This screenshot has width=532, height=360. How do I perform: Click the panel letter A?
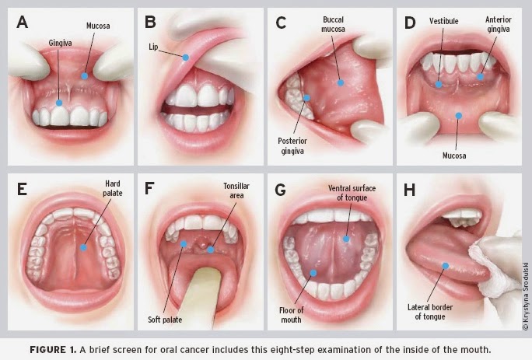(22, 22)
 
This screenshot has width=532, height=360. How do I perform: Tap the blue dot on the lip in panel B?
(185, 58)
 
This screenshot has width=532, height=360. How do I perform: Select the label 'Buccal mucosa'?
(333, 24)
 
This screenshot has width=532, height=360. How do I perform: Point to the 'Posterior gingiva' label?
(292, 146)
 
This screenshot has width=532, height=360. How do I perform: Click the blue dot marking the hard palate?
(83, 248)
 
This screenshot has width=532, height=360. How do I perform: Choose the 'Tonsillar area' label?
(236, 190)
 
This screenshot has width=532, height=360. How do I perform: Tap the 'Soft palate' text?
(165, 320)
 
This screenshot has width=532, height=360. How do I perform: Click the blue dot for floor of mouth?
(313, 273)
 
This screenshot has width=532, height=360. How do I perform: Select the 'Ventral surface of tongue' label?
(352, 193)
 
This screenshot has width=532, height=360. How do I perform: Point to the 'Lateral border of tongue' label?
(430, 312)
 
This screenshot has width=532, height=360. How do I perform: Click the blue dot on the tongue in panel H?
(446, 266)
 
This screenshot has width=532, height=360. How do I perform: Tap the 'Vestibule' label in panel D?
(443, 21)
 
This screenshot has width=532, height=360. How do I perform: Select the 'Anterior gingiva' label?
(498, 24)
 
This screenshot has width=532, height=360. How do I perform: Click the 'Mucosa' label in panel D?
(454, 156)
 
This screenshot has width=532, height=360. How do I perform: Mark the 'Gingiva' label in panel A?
(60, 43)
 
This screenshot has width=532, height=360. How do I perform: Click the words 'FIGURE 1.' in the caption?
(53, 349)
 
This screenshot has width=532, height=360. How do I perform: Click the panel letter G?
(280, 190)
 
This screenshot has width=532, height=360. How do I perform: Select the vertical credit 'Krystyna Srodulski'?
(526, 296)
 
